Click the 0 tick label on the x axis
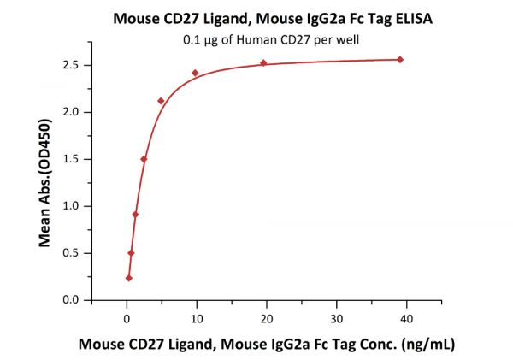(127, 318)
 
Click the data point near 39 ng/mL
(400, 59)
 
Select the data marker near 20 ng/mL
(263, 62)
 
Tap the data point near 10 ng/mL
(195, 73)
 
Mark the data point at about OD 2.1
(161, 101)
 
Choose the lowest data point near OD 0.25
(129, 278)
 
